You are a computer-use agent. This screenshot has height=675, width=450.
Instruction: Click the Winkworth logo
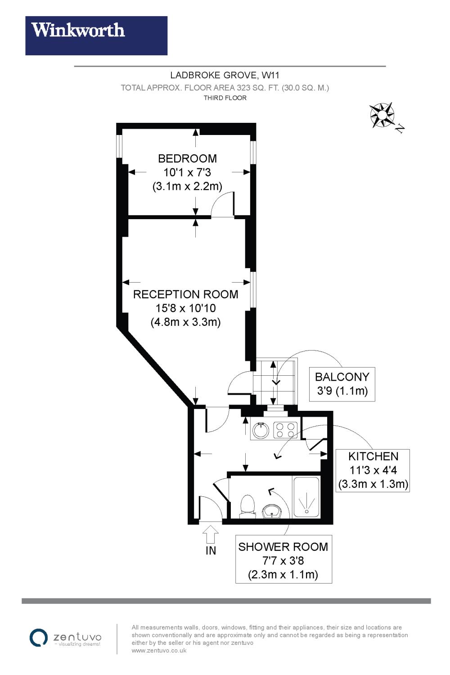coord(96,36)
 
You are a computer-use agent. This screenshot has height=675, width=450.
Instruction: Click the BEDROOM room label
coord(187,158)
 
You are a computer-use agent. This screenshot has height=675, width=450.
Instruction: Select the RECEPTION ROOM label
coord(185,294)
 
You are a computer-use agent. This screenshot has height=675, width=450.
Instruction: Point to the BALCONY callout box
coord(342,384)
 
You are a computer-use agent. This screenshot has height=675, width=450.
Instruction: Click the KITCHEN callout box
coord(373,470)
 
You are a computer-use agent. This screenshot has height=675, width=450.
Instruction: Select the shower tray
coord(306,498)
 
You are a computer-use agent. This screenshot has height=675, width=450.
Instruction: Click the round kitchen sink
coord(260,431)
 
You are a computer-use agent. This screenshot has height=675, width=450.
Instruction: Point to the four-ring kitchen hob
coord(285,430)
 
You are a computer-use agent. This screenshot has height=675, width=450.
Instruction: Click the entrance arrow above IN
coord(211,534)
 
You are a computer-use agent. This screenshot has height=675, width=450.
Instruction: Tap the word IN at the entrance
coord(211,550)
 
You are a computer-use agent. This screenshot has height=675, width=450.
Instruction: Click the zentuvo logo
coord(66,638)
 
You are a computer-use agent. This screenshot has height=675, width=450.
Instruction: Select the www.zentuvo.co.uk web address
coord(159,651)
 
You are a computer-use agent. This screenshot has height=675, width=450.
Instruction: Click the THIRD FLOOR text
coord(225,98)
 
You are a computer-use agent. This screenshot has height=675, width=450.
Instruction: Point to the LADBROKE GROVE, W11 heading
coord(225,75)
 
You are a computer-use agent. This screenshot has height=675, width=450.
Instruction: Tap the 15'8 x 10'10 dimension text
coord(185,308)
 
